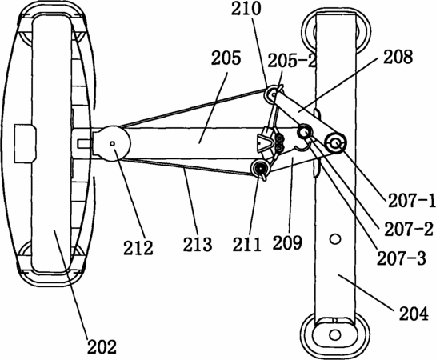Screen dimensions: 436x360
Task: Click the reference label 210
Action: [x=246, y=9]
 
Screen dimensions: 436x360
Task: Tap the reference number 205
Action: [x=226, y=58]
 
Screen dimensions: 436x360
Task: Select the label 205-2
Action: [x=292, y=61]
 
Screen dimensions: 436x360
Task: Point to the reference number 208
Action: [x=398, y=57]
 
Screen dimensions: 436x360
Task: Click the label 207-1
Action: [x=412, y=201]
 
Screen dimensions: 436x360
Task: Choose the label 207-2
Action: [x=409, y=230]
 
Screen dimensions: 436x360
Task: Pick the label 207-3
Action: [x=402, y=258]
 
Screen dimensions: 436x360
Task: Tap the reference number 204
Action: [x=414, y=314]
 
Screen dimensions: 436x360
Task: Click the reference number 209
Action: [x=287, y=242]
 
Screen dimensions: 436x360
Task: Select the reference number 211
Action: [x=247, y=244]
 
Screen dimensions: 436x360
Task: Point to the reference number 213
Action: [x=198, y=244]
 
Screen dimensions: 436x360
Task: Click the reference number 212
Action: [x=138, y=248]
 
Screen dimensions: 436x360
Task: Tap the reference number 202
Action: [x=102, y=346]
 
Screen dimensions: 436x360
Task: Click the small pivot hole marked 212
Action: [x=112, y=143]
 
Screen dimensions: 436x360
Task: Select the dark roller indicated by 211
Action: [x=260, y=168]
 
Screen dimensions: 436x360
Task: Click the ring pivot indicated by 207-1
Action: [x=336, y=143]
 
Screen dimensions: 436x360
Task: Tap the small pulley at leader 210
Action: [x=272, y=94]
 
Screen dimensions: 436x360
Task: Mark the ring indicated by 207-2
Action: [x=305, y=131]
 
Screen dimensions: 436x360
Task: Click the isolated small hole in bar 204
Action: [x=335, y=238]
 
